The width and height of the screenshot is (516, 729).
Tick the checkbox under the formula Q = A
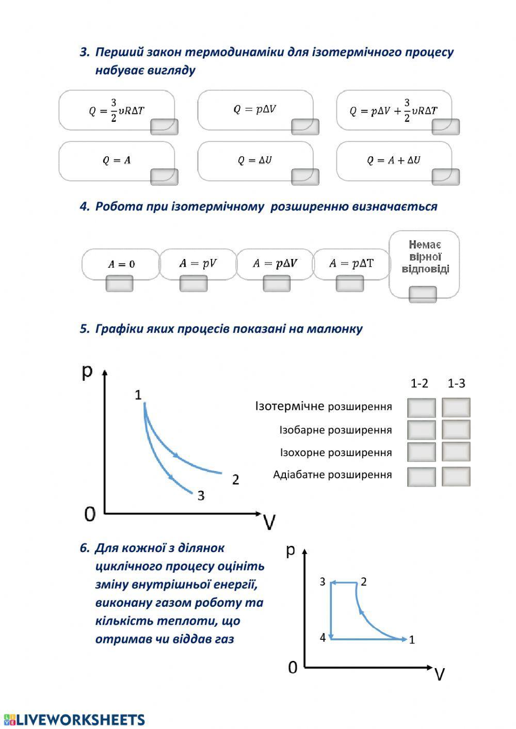point(164,177)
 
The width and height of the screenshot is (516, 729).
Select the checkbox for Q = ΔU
point(305,177)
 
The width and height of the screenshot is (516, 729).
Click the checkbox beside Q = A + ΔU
point(445,177)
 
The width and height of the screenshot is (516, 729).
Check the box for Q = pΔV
point(305,127)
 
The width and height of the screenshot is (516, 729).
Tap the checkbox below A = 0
point(119,283)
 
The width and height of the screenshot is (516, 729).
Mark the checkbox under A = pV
point(193,283)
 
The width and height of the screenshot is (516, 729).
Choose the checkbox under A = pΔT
point(350,283)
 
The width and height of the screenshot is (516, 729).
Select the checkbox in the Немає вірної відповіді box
point(423,295)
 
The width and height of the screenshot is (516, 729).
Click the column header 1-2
point(419,383)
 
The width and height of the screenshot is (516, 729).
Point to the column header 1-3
point(456,383)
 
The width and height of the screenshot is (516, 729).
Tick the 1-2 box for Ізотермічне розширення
point(421,408)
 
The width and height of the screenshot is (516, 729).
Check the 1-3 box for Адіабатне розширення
point(456,477)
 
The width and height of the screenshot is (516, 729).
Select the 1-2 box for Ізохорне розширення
point(421,452)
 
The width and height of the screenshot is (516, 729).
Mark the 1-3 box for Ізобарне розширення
point(456,429)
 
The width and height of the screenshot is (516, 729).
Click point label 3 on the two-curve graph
point(201,496)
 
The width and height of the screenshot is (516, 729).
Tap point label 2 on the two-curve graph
point(235,479)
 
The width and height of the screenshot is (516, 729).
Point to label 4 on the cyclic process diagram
point(322,638)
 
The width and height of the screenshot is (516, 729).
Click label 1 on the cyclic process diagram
point(412,640)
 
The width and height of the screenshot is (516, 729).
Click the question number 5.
point(85,329)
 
